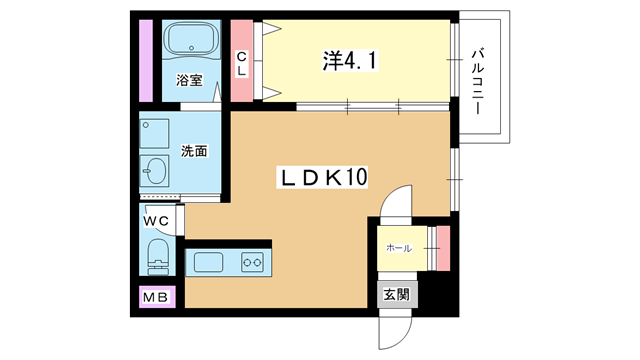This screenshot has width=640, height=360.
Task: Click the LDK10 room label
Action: pyautogui.click(x=322, y=177)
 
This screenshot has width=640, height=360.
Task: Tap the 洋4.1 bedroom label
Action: pyautogui.click(x=350, y=61)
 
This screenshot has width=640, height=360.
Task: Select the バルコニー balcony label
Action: pyautogui.click(x=478, y=82)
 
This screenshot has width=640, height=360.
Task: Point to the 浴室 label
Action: pyautogui.click(x=189, y=80)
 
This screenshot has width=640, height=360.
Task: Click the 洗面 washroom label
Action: pyautogui.click(x=194, y=151)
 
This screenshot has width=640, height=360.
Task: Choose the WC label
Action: pyautogui.click(x=156, y=221)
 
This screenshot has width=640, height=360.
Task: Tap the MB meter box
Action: pyautogui.click(x=157, y=297)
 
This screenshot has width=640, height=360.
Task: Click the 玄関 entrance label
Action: pyautogui.click(x=397, y=294)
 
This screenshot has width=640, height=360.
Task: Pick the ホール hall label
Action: pyautogui.click(x=399, y=248)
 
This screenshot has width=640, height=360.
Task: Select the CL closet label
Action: pyautogui.click(x=242, y=64)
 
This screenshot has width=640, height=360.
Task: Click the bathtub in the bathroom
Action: pyautogui.click(x=191, y=39)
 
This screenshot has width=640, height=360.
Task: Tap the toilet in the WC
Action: pyautogui.click(x=158, y=256)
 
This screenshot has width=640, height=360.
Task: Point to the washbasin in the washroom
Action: pyautogui.click(x=154, y=171)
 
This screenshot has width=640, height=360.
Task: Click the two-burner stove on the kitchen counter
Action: pyautogui.click(x=252, y=262)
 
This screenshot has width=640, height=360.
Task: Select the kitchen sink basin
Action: pyautogui.click(x=208, y=262)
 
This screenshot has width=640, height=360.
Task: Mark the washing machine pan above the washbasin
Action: pyautogui.click(x=154, y=133)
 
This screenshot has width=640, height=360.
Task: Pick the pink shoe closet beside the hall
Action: pyautogui.click(x=443, y=248)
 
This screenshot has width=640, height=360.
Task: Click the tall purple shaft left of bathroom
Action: pyautogui.click(x=146, y=61)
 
